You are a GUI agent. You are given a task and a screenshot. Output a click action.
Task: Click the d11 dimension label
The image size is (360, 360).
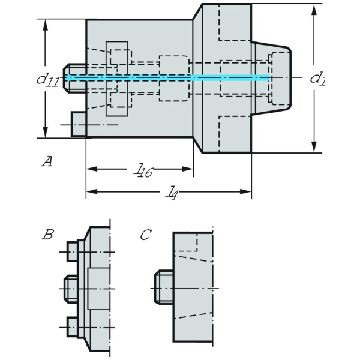47,79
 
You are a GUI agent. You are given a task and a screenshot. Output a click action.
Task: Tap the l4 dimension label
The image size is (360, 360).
173,192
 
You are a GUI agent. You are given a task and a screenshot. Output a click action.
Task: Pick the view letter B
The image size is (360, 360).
48,235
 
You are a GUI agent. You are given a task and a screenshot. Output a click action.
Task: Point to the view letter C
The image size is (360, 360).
145,235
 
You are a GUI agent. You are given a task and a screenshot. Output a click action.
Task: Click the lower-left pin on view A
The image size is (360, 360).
79,124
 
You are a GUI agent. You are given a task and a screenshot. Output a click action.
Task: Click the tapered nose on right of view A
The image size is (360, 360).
273,77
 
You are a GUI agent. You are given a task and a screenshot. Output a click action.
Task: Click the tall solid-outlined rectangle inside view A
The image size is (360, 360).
118,78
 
